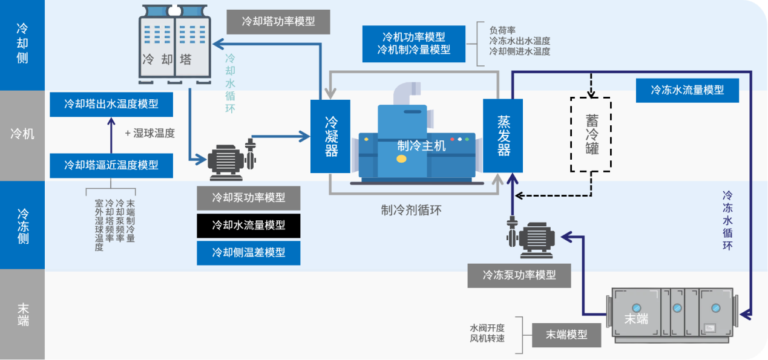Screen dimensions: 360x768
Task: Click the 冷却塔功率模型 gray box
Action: pos(278,21)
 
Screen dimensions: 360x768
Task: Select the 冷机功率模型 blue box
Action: pos(414,44)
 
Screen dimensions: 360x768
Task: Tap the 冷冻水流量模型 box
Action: pos(688,90)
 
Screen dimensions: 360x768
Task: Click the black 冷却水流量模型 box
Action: pos(248,225)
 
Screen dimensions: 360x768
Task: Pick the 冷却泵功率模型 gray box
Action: pos(248,198)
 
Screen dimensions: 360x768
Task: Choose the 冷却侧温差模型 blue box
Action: pos(248,252)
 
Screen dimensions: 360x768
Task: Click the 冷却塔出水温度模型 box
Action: pos(111,104)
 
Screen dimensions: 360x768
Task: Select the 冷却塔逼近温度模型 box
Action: pos(111,165)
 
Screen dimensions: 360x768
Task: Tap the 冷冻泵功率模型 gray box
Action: pos(519,275)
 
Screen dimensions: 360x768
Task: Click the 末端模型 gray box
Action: pos(567,335)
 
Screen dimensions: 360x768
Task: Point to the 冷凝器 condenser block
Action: pos(330,136)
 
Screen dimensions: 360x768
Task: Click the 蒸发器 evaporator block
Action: pos(503,136)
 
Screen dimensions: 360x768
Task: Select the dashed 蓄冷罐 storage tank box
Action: pos(591,134)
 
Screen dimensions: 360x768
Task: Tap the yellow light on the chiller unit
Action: pos(401,159)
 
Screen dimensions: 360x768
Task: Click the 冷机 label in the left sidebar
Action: pos(22,134)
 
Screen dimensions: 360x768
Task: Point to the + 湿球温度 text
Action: pos(149,134)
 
